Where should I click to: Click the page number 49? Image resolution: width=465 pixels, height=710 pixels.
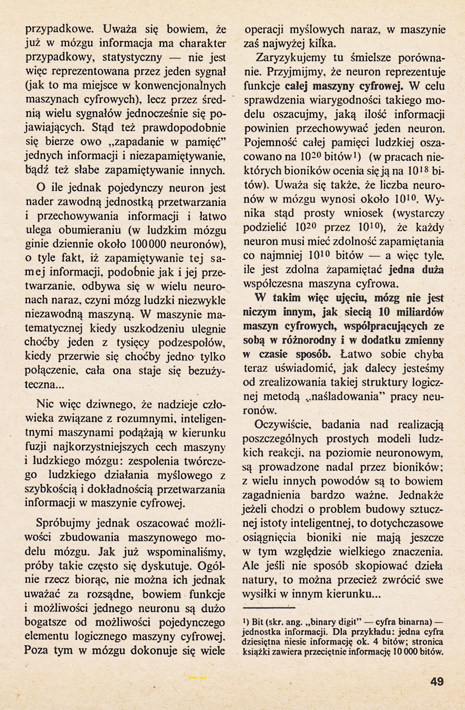pos(437,682)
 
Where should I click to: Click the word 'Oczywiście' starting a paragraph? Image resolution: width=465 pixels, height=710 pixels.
pos(281,424)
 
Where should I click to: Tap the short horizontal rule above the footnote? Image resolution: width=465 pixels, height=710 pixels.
pos(270,607)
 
